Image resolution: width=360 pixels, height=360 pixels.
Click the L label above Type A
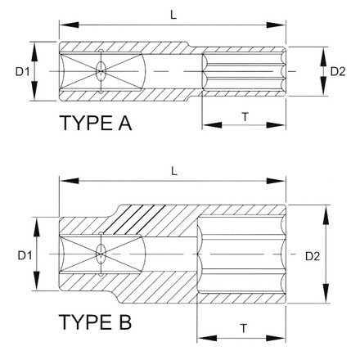(x=173, y=15)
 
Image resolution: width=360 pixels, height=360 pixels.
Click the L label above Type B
(x=174, y=171)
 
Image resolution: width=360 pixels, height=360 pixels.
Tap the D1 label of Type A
(x=22, y=72)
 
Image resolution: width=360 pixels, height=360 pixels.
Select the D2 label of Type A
(x=338, y=71)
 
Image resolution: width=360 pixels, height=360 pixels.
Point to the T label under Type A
(x=245, y=117)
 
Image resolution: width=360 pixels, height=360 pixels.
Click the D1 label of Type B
(x=25, y=256)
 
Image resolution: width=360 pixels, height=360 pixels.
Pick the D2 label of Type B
(x=313, y=256)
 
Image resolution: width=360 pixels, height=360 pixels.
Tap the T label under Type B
(x=244, y=328)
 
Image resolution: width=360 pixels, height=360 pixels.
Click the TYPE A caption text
(x=96, y=123)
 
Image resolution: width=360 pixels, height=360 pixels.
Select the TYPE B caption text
(x=95, y=322)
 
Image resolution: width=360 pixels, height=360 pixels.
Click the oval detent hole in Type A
(x=101, y=71)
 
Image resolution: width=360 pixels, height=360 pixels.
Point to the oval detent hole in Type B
(x=101, y=254)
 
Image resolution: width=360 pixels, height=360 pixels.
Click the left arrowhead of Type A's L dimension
(x=69, y=25)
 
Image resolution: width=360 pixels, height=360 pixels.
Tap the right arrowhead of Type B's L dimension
(x=276, y=181)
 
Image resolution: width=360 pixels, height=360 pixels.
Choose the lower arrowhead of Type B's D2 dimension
(x=326, y=293)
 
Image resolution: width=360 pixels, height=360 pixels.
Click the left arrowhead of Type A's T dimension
(x=212, y=125)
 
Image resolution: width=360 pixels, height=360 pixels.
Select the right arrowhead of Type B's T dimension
(x=276, y=339)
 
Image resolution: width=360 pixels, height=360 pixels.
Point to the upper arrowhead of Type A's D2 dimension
(x=323, y=56)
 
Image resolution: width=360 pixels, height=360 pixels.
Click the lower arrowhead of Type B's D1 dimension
(x=36, y=281)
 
